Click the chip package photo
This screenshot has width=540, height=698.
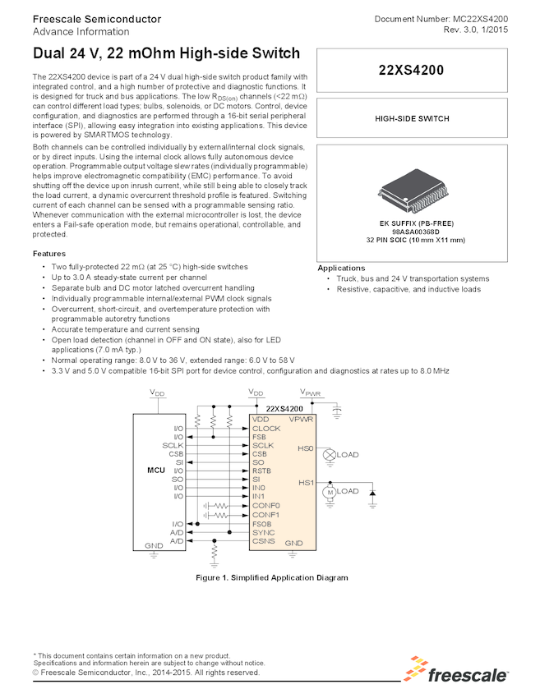coord(411,191)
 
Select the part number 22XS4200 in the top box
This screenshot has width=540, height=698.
coord(412,71)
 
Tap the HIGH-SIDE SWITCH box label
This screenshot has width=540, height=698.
coord(412,118)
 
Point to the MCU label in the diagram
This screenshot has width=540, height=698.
coord(156,470)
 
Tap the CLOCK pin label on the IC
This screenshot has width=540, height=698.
coord(266,429)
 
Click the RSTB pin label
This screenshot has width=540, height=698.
coord(263,471)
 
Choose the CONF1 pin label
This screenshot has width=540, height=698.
coord(266,515)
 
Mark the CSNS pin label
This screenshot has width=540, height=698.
coord(263,542)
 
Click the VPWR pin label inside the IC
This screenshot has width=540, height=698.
coord(301,420)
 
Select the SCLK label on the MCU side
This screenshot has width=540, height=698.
coord(173,445)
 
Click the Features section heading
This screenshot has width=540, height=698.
coord(49,254)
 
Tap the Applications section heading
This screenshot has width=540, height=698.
coord(341,269)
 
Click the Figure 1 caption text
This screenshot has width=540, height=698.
coord(271,577)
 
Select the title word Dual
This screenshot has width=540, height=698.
coord(50,54)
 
